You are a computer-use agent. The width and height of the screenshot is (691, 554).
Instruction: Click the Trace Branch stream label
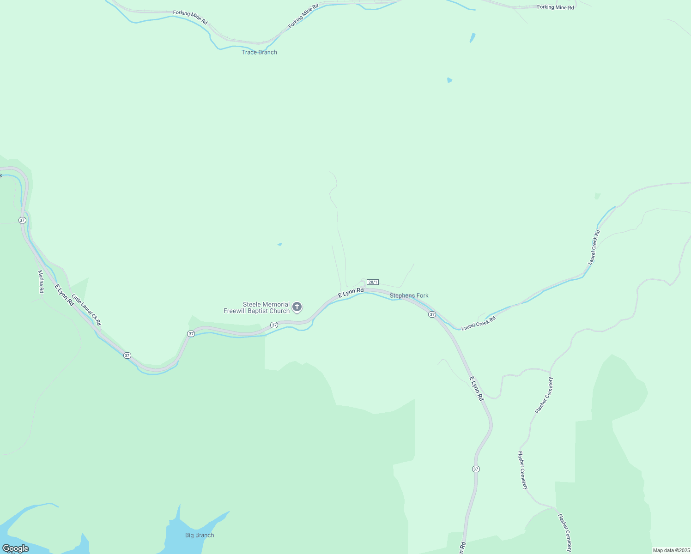coord(259,52)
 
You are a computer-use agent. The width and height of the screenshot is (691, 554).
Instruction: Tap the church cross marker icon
coord(297,307)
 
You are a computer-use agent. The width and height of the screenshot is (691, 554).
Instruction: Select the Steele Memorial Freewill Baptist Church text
coord(257,307)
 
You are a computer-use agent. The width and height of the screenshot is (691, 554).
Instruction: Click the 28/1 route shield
coord(373,282)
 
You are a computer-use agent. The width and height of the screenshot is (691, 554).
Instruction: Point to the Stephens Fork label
coord(409,295)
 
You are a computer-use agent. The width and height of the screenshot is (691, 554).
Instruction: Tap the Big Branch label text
coord(200,535)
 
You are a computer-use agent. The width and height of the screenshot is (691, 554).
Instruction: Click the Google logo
coord(15,548)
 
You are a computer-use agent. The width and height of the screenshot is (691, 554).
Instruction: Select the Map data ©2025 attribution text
coord(671,550)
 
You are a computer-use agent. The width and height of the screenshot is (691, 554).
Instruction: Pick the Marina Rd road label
coord(41,282)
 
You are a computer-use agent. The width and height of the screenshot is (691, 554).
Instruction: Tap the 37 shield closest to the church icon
coord(274,325)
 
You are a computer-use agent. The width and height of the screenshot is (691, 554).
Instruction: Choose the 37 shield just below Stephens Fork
coord(432,314)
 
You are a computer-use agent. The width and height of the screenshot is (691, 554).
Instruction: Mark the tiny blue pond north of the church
coord(279,244)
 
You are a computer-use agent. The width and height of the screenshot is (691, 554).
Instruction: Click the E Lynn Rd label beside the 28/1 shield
coord(351,292)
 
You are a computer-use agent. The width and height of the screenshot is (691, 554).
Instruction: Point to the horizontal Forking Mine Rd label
coord(555,7)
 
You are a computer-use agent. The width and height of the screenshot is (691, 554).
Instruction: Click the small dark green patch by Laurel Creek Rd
coord(597,196)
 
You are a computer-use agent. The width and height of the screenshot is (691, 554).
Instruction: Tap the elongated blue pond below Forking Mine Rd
coord(473,37)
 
